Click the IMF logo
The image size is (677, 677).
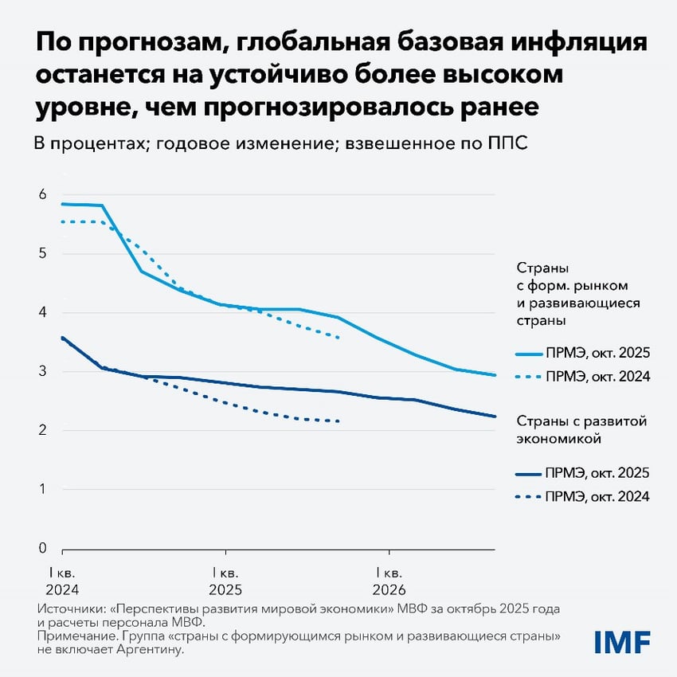click(623, 641)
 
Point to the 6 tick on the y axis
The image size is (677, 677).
click(43, 194)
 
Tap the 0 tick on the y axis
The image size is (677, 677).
click(43, 548)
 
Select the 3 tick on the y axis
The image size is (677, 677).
click(43, 371)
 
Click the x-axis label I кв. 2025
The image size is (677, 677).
click(225, 581)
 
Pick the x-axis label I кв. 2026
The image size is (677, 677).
click(389, 581)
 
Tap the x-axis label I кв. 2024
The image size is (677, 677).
click(62, 581)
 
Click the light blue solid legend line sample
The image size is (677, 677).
click(527, 354)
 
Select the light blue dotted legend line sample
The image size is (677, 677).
click(527, 376)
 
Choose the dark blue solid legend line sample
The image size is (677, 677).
click(527, 474)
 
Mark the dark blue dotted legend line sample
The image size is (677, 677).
click(527, 496)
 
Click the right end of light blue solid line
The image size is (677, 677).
click(495, 375)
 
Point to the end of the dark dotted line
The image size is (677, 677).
click(340, 421)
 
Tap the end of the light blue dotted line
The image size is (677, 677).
click(340, 338)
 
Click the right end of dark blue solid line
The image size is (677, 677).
click(495, 416)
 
